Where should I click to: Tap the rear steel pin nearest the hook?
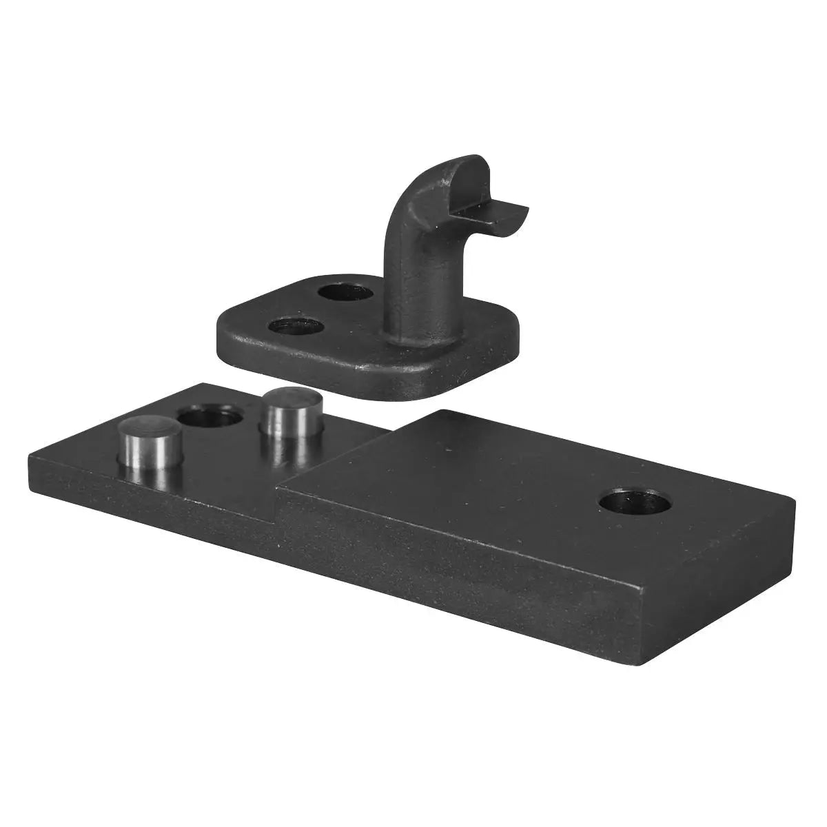coord(290,412)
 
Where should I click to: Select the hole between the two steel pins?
coord(210,416)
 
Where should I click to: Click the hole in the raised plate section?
coord(635,502)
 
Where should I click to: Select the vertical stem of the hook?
coord(403,276)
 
